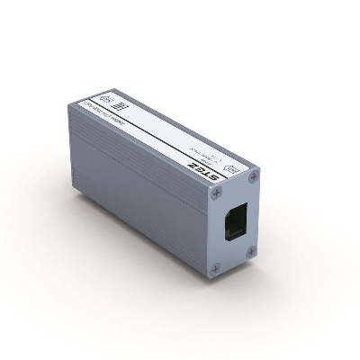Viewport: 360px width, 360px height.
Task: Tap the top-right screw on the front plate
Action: coord(254,175)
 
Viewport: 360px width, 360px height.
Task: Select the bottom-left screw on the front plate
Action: coord(214,267)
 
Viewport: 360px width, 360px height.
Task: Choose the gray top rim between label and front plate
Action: coord(225,182)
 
